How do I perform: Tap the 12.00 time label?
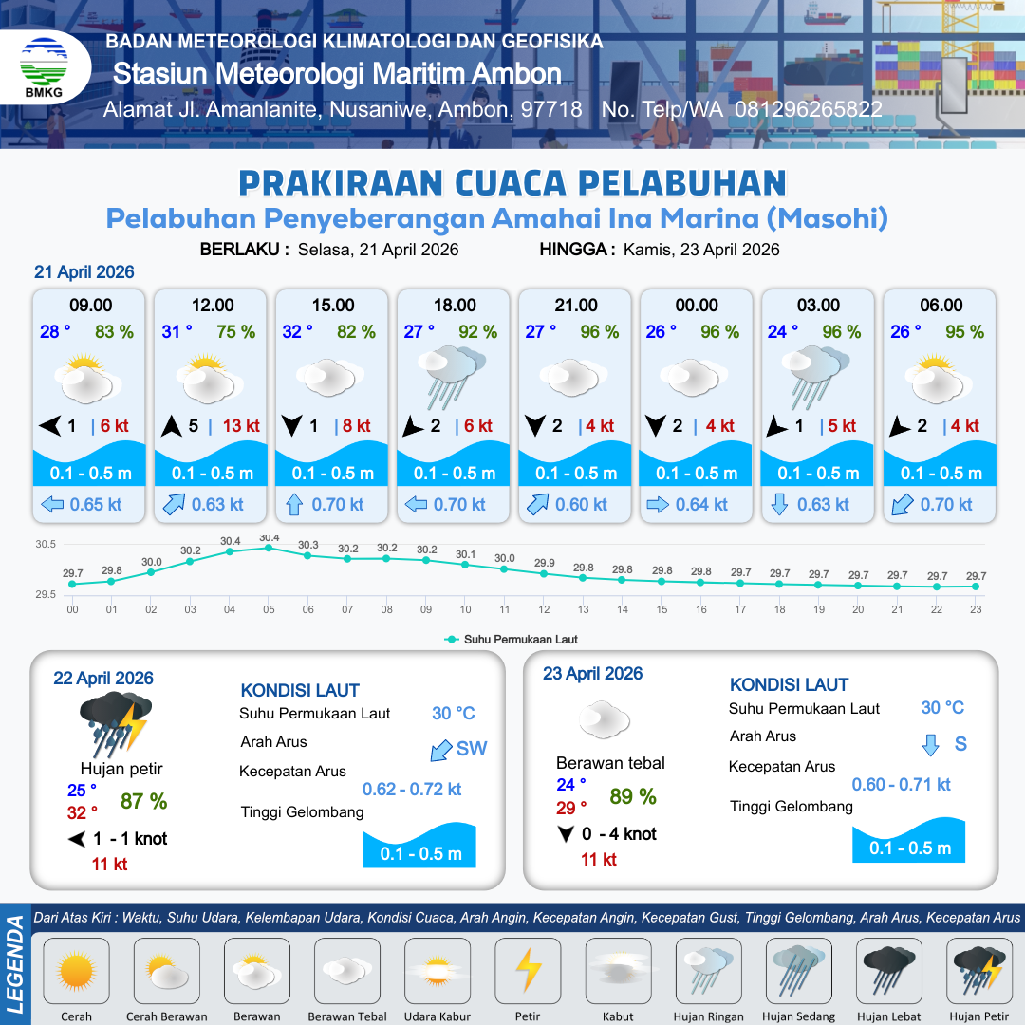pos(212,306)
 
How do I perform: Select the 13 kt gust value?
pos(241,426)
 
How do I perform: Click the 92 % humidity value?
pos(477,332)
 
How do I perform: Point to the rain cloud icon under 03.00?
pos(818,374)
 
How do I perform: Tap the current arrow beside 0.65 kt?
pos(51,505)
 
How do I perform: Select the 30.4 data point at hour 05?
pos(269,548)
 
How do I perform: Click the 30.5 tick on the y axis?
pos(46,545)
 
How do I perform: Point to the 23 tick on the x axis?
pos(975,609)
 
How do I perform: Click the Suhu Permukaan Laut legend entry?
pos(512,640)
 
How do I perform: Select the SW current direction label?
pos(472,749)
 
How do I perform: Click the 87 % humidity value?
pos(143,801)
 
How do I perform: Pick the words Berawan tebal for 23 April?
pos(610,763)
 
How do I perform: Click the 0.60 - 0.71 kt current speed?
pos(901,784)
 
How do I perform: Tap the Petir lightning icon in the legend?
pos(528,971)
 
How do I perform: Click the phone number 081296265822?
pos(809,109)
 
